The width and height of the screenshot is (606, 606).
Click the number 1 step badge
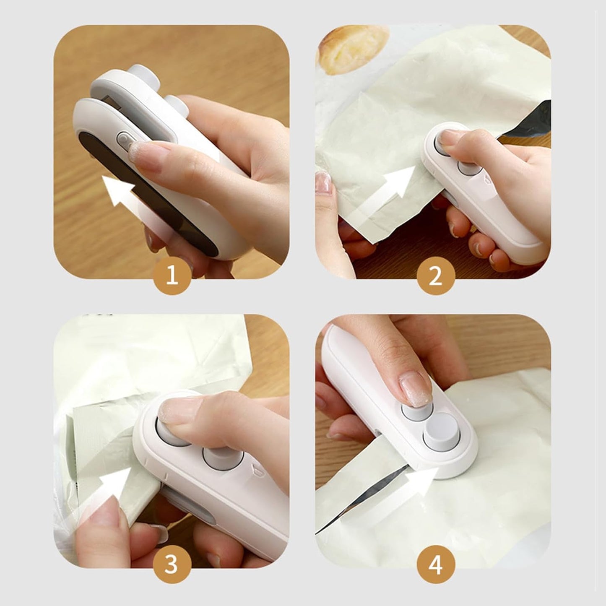[172, 277]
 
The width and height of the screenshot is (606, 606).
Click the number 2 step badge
[436, 277]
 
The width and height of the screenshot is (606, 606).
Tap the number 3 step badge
[172, 566]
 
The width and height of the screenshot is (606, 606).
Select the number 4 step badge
[436, 566]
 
